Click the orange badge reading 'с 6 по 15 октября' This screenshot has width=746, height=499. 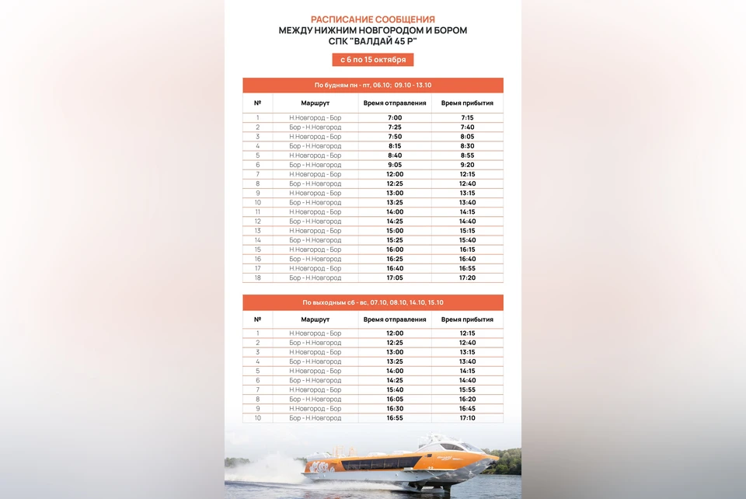click(x=373, y=60)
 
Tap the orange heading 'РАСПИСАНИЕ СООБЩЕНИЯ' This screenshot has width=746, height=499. click(x=373, y=19)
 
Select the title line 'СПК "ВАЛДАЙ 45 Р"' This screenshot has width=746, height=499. click(x=373, y=41)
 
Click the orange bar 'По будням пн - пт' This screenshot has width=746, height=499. click(x=373, y=85)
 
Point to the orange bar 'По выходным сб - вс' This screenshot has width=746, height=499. click(x=373, y=302)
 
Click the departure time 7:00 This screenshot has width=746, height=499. click(x=395, y=118)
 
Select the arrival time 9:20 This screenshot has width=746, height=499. click(x=467, y=165)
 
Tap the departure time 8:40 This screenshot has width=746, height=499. click(x=395, y=155)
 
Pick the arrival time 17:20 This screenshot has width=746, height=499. click(x=467, y=277)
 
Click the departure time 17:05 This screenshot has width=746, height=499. click(x=395, y=277)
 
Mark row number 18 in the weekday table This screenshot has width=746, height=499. click(x=257, y=277)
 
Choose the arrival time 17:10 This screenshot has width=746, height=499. click(x=467, y=418)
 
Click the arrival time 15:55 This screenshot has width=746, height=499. click(x=467, y=389)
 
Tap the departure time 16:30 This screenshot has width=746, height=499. click(x=395, y=409)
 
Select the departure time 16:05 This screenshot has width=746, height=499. click(x=395, y=400)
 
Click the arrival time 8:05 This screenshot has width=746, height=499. click(x=467, y=137)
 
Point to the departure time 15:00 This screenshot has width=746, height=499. click(x=395, y=231)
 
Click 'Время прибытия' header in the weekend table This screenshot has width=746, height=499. click(x=467, y=319)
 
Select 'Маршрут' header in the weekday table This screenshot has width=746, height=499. click(x=315, y=103)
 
